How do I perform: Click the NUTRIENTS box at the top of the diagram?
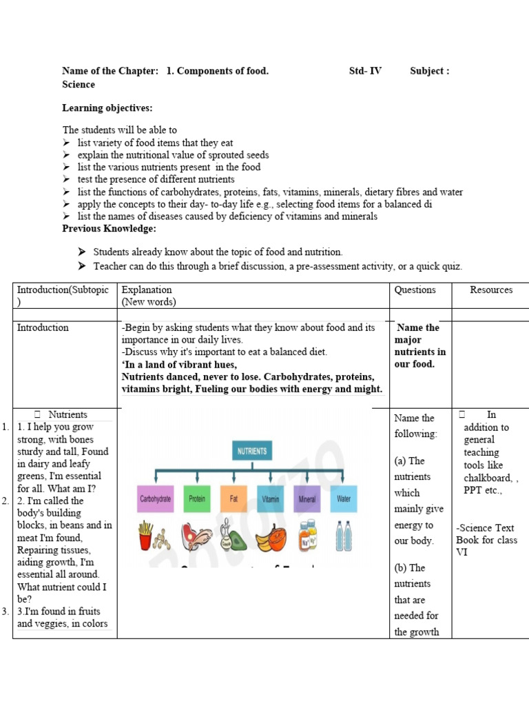[x=251, y=452]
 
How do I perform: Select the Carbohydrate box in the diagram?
[x=156, y=498]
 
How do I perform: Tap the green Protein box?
[x=197, y=498]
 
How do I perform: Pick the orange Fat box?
[x=234, y=498]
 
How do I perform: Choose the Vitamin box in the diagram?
[x=270, y=498]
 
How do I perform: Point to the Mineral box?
[x=307, y=498]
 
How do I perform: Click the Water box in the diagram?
[x=343, y=498]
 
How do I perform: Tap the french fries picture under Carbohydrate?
[x=146, y=535]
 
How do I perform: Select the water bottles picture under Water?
[x=343, y=535]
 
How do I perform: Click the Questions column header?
[x=415, y=290]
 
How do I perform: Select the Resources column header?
[x=491, y=290]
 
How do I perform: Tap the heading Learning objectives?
[x=107, y=108]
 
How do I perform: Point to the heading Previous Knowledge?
[x=110, y=228]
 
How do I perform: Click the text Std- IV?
[x=365, y=71]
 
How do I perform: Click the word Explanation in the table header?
[x=147, y=290]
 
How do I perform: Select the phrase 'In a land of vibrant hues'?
[x=179, y=365]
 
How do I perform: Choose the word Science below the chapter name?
[x=79, y=84]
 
